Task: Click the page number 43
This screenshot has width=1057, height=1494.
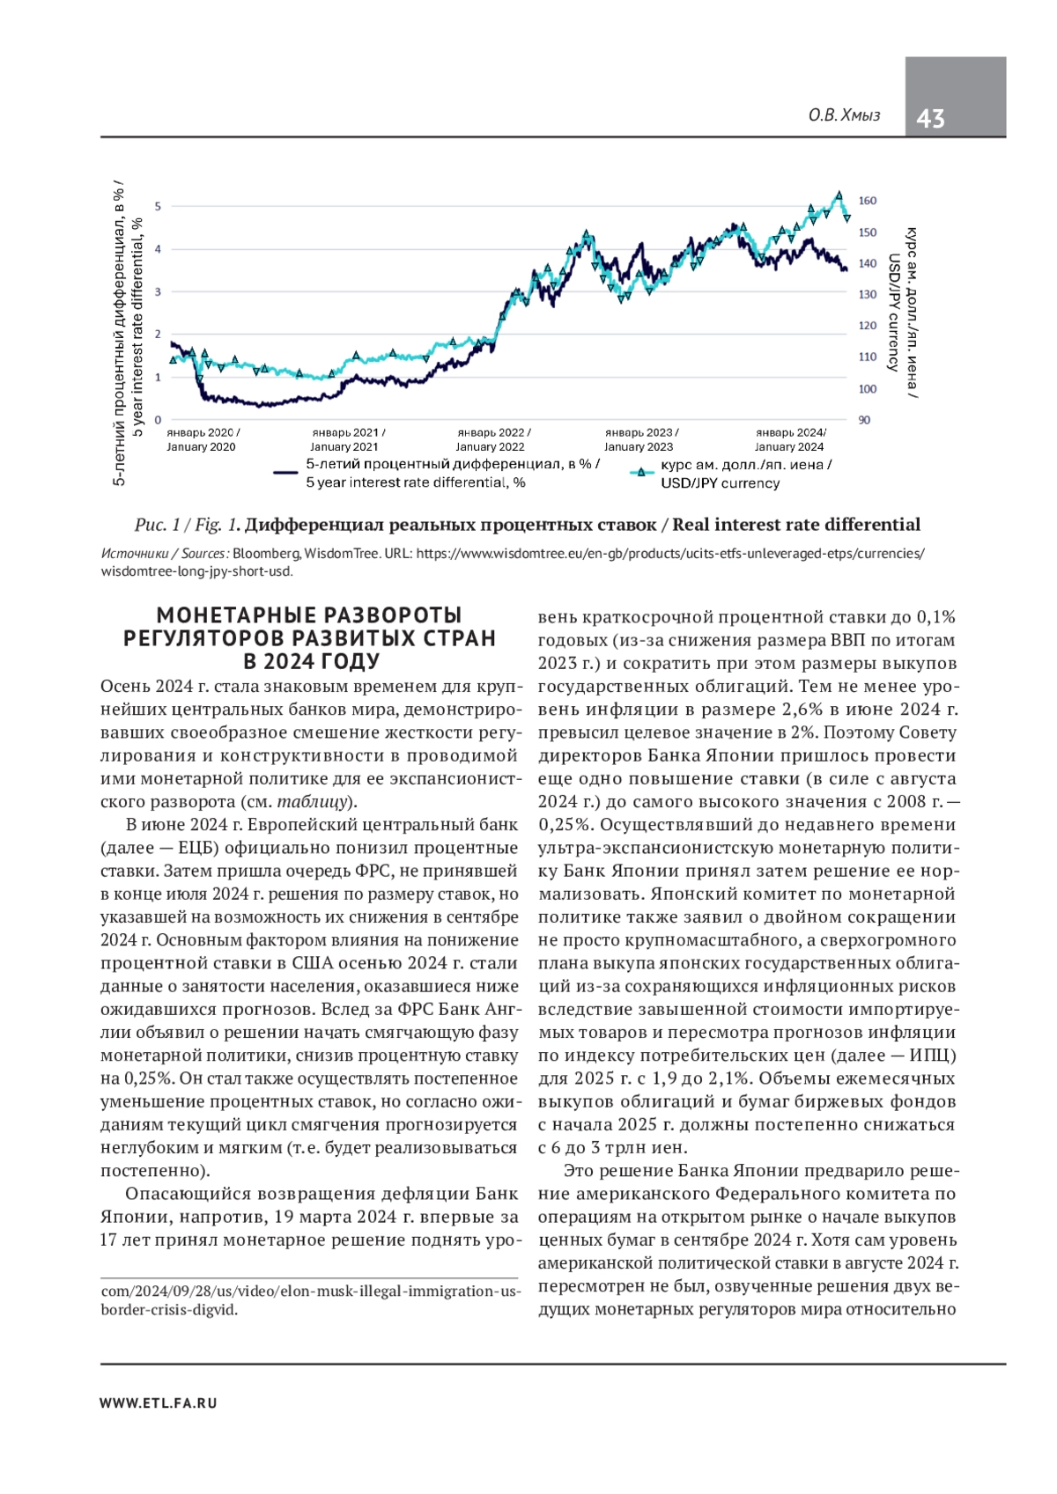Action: click(931, 118)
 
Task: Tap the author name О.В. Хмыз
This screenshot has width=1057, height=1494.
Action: click(844, 115)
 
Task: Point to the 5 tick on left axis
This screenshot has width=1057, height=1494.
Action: click(158, 206)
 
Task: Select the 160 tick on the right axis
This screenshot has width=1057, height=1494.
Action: click(868, 201)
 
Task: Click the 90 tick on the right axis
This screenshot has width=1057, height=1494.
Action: click(864, 420)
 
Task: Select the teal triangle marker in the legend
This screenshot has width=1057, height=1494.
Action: click(640, 473)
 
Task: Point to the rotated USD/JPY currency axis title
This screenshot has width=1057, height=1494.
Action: click(893, 313)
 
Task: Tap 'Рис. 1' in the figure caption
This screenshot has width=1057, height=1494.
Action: click(156, 525)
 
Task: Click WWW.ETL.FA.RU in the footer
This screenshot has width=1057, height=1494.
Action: click(159, 1402)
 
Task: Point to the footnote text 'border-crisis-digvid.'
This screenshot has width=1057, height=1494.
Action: click(169, 1309)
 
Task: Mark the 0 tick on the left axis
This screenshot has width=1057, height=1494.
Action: click(158, 420)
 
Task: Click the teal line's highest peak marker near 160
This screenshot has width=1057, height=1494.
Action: click(839, 195)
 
